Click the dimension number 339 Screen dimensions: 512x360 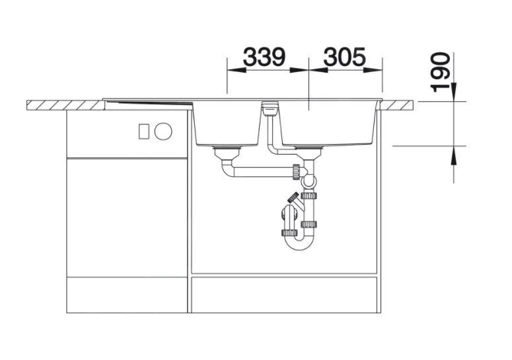click(x=264, y=57)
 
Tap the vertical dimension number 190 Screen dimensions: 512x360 click(x=440, y=73)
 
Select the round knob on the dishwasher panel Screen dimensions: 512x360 click(x=163, y=131)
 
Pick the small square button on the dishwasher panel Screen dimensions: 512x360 click(x=144, y=131)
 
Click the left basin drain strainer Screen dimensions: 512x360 click(x=227, y=152)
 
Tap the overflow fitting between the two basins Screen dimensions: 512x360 click(x=270, y=108)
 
